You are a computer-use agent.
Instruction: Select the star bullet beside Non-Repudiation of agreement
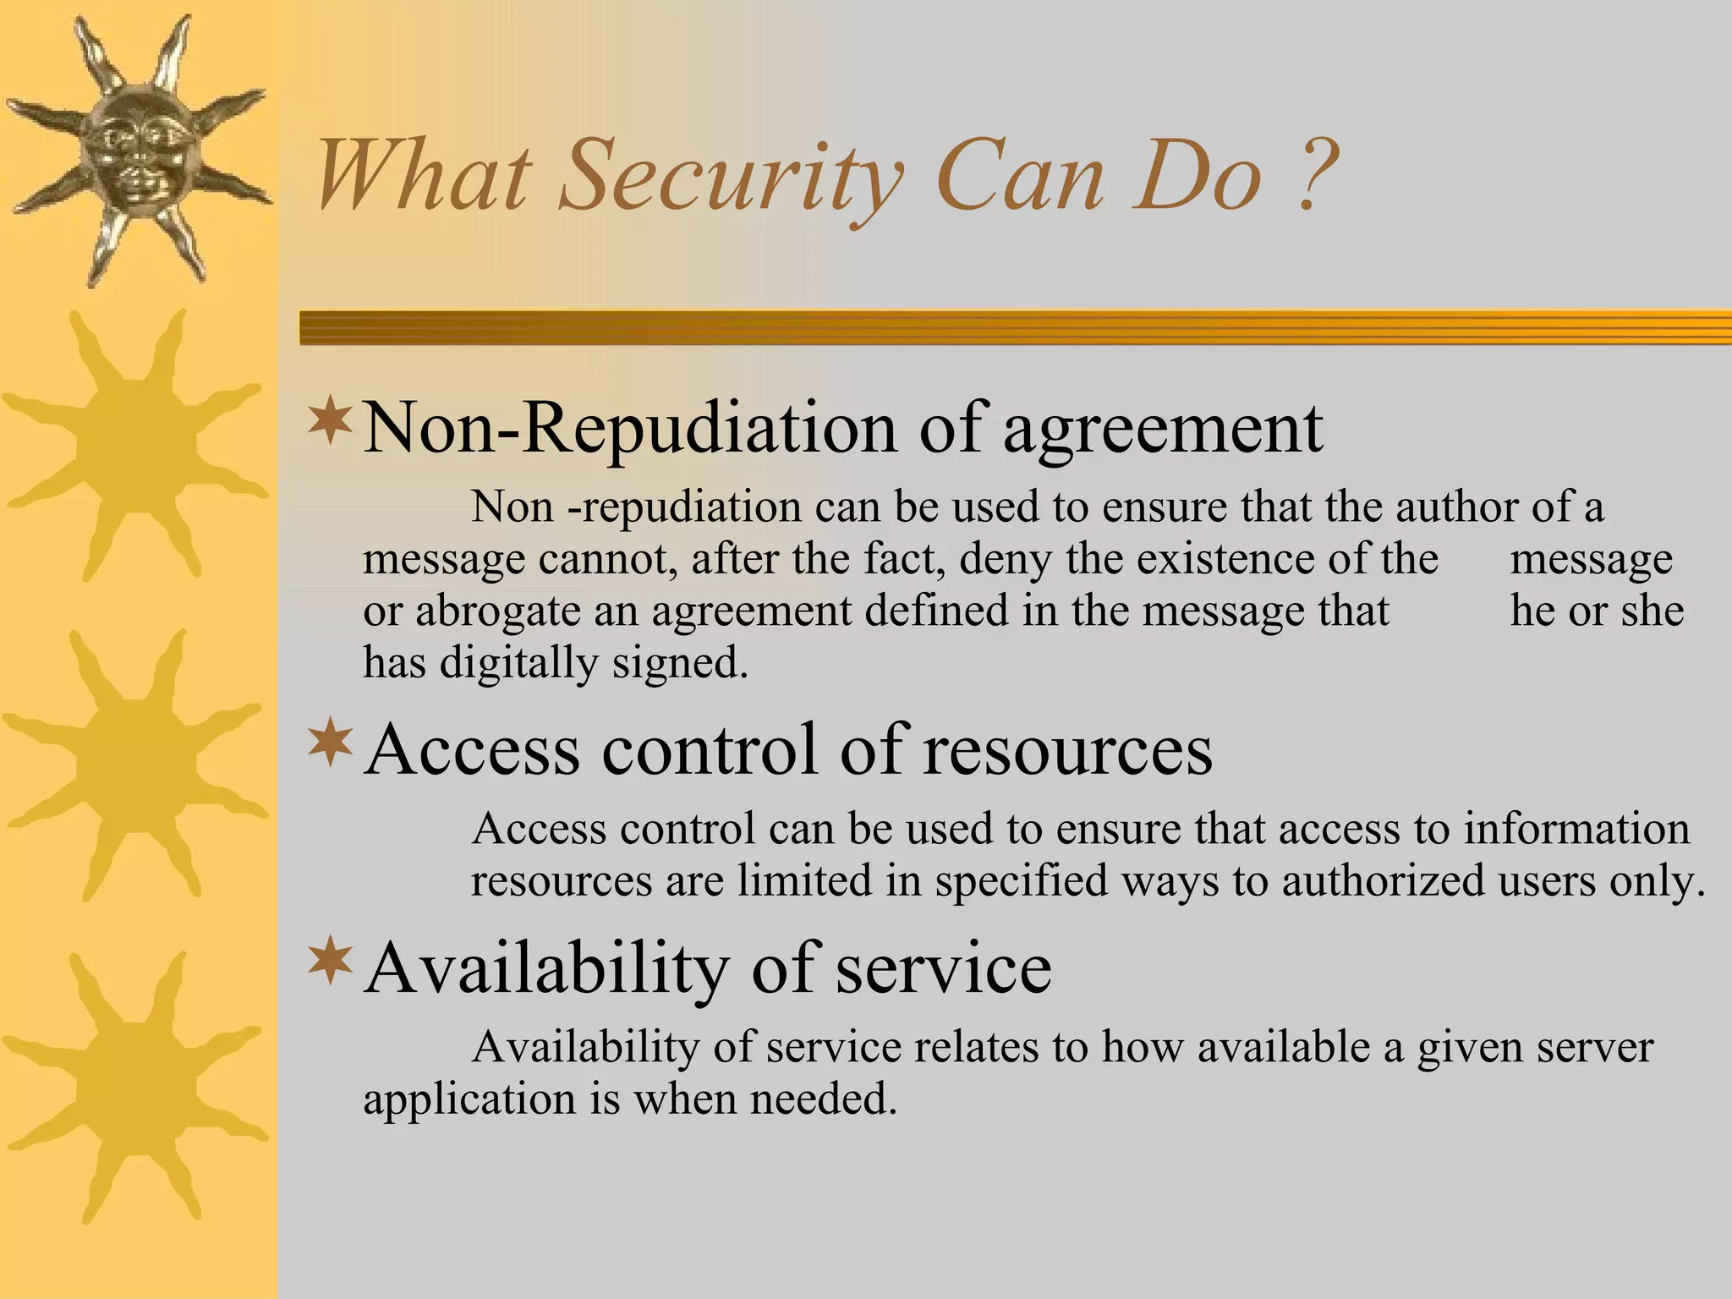pos(331,422)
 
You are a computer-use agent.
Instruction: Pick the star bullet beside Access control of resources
pos(331,743)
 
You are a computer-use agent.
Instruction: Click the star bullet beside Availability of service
pos(331,962)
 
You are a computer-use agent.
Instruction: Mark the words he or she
pos(1597,611)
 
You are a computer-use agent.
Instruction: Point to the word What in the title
pos(422,178)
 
